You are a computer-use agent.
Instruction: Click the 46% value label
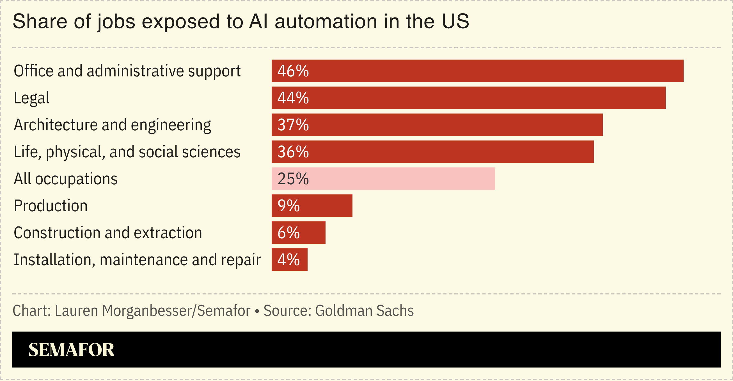(x=293, y=71)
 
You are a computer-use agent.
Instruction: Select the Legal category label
(x=31, y=98)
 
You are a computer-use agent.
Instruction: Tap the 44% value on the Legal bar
(x=293, y=98)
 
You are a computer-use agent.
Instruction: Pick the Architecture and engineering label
(x=112, y=125)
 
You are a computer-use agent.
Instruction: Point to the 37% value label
(x=293, y=125)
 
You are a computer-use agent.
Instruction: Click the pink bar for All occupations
(x=398, y=179)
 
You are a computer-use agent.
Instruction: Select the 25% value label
(x=293, y=179)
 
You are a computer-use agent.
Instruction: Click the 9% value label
(x=288, y=206)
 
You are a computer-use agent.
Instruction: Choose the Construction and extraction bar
(x=310, y=233)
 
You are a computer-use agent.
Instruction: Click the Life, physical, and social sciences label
(x=127, y=152)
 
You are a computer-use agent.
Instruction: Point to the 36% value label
(x=293, y=152)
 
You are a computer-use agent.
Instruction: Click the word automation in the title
(x=326, y=21)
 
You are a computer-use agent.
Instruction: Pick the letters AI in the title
(x=258, y=21)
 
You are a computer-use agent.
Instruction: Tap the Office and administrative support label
(x=127, y=71)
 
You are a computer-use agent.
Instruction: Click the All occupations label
(x=65, y=179)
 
